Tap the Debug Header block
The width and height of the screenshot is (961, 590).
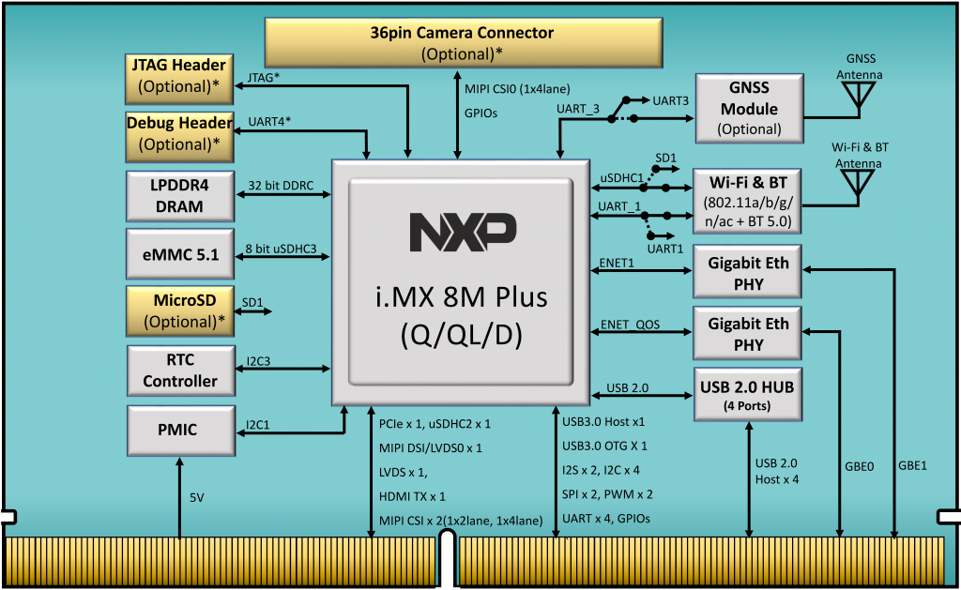pyautogui.click(x=179, y=134)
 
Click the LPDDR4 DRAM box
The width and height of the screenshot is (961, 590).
pyautogui.click(x=178, y=194)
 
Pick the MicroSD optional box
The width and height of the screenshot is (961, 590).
pyautogui.click(x=178, y=310)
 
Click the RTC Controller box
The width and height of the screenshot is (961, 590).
pyautogui.click(x=179, y=371)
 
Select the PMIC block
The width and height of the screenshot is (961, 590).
pyautogui.click(x=178, y=431)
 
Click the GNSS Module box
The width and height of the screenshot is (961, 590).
pyautogui.click(x=748, y=108)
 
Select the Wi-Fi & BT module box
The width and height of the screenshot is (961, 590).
pyautogui.click(x=748, y=201)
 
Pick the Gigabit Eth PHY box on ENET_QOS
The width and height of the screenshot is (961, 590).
pyautogui.click(x=748, y=334)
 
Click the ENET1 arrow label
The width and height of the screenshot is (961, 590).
pyautogui.click(x=618, y=265)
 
